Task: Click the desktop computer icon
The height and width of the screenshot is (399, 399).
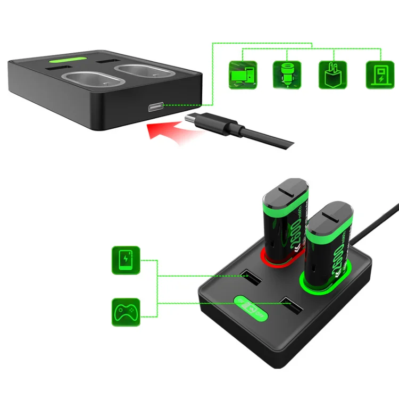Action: (243, 74)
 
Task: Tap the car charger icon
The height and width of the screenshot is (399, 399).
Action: (287, 74)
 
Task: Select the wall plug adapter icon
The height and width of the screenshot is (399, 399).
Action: (332, 74)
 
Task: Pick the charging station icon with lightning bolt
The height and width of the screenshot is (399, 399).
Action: (378, 74)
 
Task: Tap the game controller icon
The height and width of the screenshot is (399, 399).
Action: (126, 311)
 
